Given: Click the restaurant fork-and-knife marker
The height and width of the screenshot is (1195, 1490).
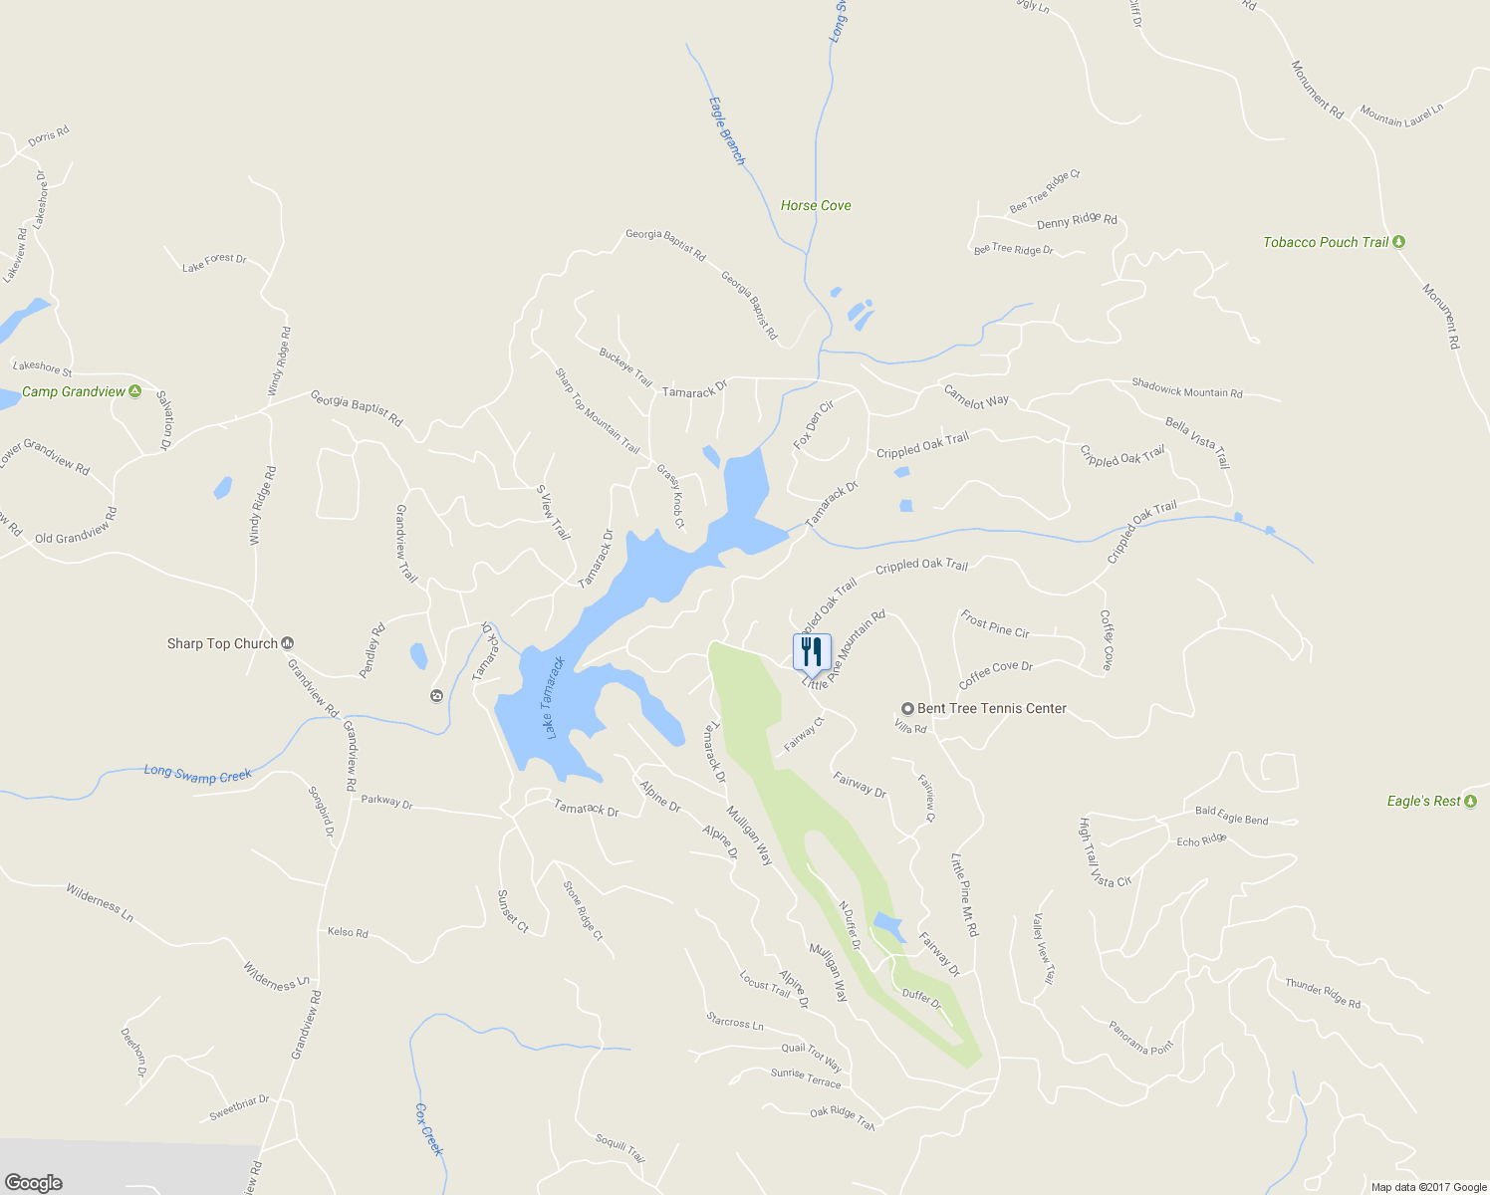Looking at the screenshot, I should click(812, 652).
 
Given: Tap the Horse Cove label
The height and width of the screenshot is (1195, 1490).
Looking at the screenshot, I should click(816, 205).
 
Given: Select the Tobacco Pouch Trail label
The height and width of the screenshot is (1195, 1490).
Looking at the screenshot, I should click(1325, 242).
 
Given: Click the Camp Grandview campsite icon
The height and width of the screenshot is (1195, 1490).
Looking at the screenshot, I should click(135, 391).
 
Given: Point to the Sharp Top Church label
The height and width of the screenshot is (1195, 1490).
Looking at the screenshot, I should click(222, 643).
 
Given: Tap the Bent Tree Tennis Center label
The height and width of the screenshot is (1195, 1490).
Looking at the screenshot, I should click(991, 708).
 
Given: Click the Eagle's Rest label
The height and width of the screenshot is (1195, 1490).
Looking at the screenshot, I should click(1423, 801).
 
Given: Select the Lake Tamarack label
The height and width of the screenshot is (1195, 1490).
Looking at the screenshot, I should click(554, 697).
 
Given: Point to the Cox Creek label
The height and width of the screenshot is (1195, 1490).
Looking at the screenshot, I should click(428, 1129).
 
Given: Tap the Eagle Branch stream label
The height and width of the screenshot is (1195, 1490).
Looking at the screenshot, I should click(727, 130).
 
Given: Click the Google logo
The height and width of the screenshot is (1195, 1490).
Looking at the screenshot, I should click(33, 1183).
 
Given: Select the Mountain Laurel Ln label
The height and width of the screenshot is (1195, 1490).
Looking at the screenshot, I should click(1401, 116).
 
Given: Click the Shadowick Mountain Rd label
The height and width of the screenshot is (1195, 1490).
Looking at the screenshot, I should click(1186, 388).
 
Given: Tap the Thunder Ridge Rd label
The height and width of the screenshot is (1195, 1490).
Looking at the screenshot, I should click(1322, 993).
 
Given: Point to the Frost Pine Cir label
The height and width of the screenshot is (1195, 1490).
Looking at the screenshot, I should click(994, 624).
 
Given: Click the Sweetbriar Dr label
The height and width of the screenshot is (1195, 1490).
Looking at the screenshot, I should click(239, 1107).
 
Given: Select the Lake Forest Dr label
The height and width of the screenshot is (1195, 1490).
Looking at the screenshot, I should click(214, 263).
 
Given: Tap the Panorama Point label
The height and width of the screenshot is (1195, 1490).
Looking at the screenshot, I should click(1141, 1037).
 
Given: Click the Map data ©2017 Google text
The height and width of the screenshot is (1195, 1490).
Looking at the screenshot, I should click(1428, 1187).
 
